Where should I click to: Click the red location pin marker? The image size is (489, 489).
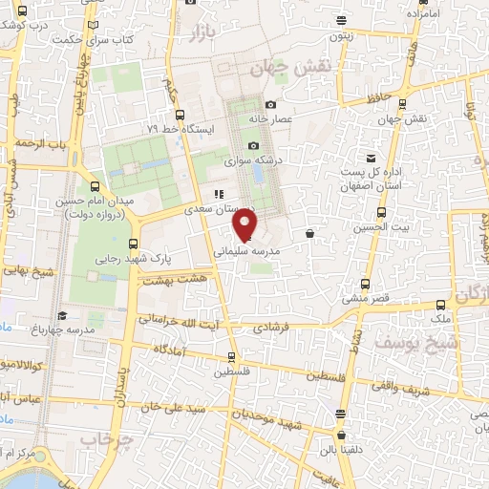245,224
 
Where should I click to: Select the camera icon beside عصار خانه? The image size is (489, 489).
270,104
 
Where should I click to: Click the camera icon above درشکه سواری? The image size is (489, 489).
253,146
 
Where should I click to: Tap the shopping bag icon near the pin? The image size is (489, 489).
309,233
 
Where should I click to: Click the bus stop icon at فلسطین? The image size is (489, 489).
229,357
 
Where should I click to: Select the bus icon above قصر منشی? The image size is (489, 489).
365,284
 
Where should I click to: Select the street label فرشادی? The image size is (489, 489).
270,327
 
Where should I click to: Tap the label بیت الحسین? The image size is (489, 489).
374,227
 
